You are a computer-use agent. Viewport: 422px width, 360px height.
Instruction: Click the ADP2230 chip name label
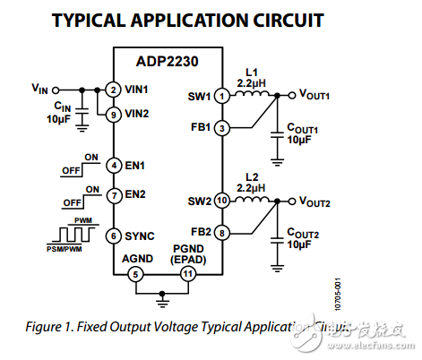(x=166, y=62)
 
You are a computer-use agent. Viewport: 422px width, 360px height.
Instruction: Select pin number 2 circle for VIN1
(x=113, y=90)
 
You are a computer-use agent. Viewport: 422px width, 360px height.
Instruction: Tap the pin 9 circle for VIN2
(x=113, y=115)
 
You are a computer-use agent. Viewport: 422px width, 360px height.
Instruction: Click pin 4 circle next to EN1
(x=113, y=165)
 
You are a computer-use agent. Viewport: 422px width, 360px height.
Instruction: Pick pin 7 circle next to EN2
(x=113, y=194)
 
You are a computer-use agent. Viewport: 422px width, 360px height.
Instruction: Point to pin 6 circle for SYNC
(x=113, y=235)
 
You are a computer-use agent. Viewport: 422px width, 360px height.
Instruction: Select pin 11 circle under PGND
(x=186, y=274)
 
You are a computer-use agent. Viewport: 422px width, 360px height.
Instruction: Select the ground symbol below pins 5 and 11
(x=161, y=293)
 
